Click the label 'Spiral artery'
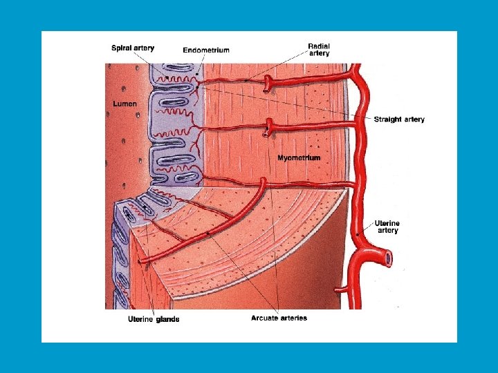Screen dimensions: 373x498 (x=133, y=48)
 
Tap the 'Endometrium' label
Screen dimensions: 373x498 (x=205, y=50)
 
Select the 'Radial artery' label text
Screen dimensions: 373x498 (x=319, y=50)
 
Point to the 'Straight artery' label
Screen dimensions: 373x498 (x=399, y=119)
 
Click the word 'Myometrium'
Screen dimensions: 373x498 (x=299, y=158)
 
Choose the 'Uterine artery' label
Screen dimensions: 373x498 (x=387, y=227)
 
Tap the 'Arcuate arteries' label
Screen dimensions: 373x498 (x=279, y=318)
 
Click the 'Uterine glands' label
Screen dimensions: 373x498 (x=154, y=319)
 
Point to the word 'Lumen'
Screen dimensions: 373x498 (x=125, y=104)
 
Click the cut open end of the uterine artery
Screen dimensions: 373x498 (x=389, y=260)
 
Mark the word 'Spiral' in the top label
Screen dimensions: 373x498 (x=122, y=48)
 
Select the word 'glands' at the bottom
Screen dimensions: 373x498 (x=167, y=319)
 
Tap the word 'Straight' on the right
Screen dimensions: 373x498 (x=387, y=119)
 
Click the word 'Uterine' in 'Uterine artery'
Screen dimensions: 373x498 (x=387, y=223)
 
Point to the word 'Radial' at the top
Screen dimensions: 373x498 (x=319, y=46)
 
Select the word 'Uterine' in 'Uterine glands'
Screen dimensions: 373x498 (x=141, y=319)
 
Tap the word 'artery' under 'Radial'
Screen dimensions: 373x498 (x=319, y=53)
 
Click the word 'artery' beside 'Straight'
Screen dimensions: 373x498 (x=414, y=119)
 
